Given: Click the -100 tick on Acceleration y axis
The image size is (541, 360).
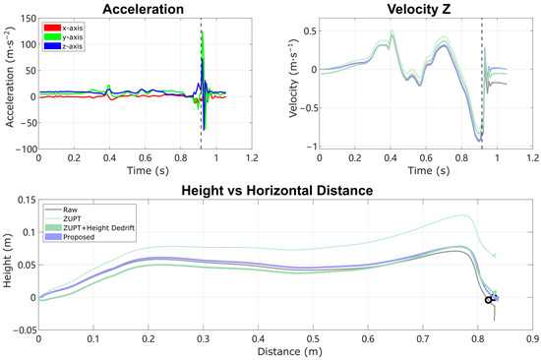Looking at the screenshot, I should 25,148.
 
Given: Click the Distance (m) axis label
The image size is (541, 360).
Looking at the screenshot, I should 285,351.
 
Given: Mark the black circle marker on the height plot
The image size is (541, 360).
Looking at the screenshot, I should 489,300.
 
